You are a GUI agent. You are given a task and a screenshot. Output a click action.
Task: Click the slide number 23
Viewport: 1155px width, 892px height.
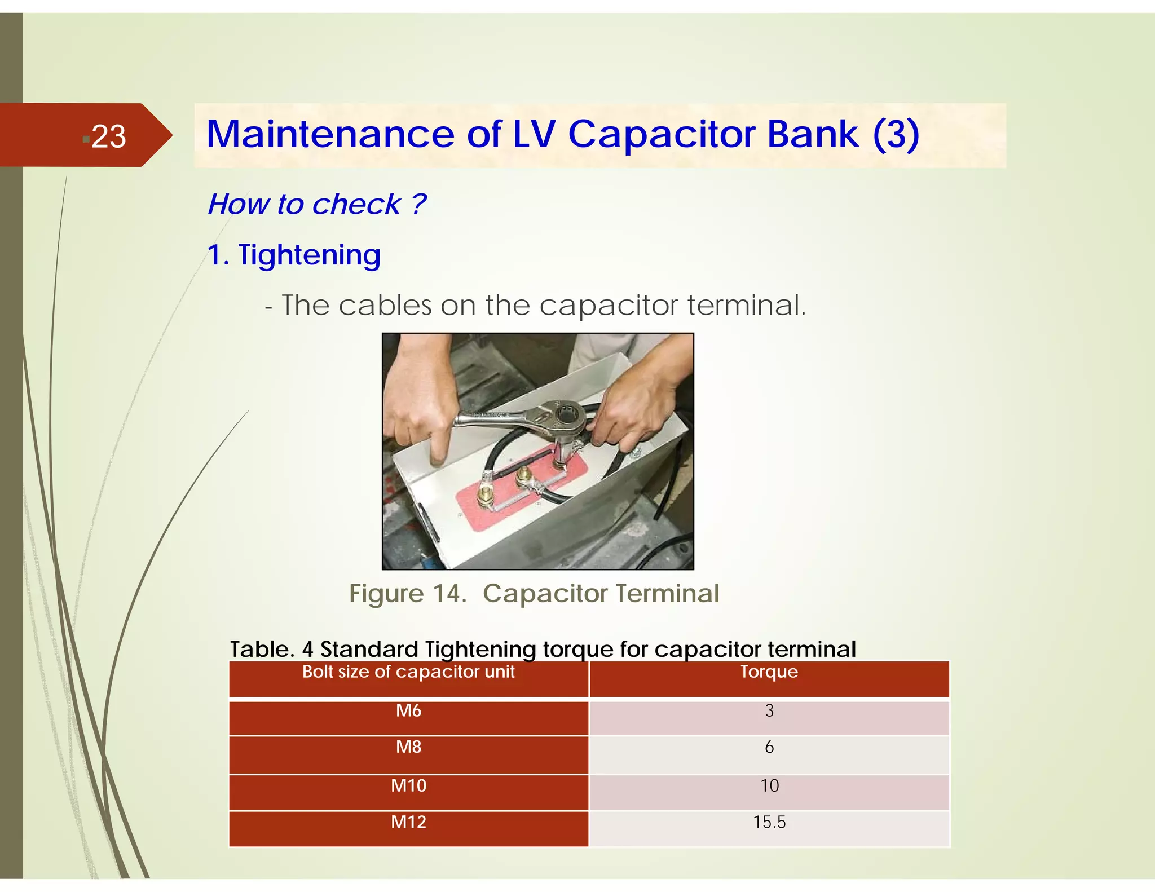[x=108, y=136]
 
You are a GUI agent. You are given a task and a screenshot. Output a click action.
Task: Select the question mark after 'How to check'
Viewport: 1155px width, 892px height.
[x=418, y=204]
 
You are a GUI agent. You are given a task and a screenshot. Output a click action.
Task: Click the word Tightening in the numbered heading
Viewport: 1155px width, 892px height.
[x=309, y=255]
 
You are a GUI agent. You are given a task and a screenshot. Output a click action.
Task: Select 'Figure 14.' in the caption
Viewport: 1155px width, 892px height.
[x=407, y=594]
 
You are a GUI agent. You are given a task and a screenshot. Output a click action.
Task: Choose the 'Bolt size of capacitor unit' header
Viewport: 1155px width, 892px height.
[x=408, y=672]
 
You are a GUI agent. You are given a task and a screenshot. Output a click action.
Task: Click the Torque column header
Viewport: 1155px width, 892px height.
[x=769, y=672]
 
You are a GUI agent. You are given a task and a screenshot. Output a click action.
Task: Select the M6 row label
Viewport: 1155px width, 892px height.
[x=408, y=710]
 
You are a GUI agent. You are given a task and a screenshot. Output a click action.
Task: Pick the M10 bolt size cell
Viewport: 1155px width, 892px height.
[x=408, y=785]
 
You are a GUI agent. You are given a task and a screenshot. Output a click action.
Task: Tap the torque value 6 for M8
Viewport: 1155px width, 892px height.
[x=769, y=747]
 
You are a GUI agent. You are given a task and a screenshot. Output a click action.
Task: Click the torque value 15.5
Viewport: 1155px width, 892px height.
[x=769, y=822]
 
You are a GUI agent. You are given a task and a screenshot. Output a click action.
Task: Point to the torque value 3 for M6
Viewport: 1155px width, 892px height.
[x=769, y=710]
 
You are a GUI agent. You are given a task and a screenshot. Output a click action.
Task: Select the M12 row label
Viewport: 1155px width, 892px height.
[x=408, y=822]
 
